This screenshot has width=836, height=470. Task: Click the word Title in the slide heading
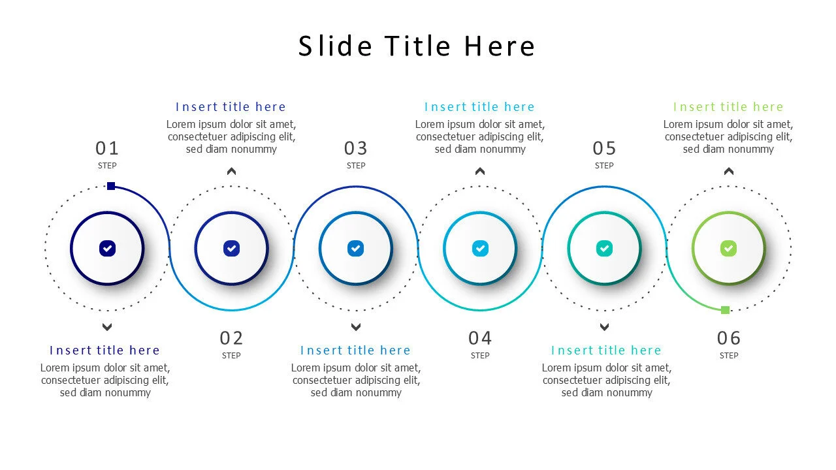click(417, 46)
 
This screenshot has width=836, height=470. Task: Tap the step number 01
click(107, 148)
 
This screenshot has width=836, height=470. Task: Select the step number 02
click(231, 338)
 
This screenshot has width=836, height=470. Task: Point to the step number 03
click(356, 148)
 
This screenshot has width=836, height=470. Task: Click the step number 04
click(480, 338)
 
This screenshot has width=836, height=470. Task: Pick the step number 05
click(604, 148)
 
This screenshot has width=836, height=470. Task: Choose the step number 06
click(729, 338)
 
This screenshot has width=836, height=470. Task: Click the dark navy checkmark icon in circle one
click(107, 248)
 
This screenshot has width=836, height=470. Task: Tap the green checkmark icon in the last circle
click(728, 248)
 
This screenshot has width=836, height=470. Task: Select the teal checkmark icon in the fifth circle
click(604, 248)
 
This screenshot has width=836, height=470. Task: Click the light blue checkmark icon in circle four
click(480, 248)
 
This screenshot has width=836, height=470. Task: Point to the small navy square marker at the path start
click(111, 186)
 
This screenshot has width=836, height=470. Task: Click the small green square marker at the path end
click(725, 309)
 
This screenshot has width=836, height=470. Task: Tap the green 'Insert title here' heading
click(728, 107)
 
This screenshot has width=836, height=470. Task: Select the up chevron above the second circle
click(231, 172)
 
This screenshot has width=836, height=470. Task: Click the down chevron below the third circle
click(356, 327)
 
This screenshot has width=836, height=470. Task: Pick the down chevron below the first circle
click(107, 327)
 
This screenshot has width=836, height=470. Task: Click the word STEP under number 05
click(604, 166)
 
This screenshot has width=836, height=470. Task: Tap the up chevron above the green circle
click(729, 172)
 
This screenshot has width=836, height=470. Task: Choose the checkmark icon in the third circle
click(355, 248)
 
